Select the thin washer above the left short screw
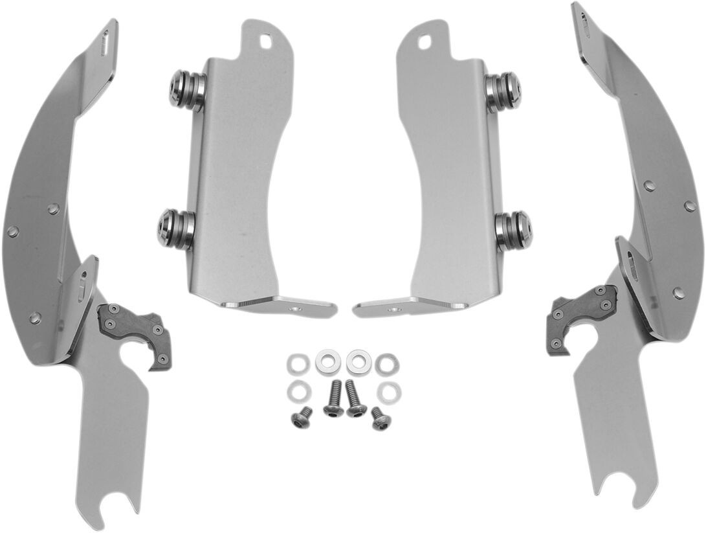pyautogui.click(x=298, y=391)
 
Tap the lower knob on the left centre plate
pyautogui.click(x=175, y=229)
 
